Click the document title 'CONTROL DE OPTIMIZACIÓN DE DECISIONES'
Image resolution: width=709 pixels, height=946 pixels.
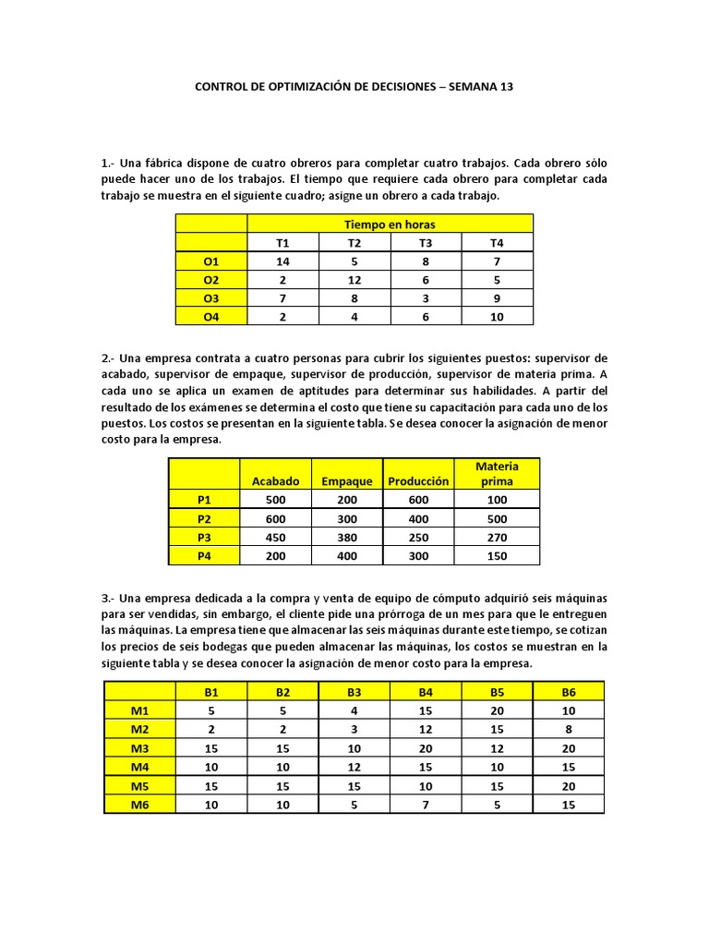click(314, 88)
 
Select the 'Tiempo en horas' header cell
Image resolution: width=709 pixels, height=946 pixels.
click(390, 224)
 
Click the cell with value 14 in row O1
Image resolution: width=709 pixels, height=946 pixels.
click(282, 261)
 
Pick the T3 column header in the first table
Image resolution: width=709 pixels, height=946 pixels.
click(426, 243)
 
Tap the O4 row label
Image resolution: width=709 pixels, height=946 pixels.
click(211, 316)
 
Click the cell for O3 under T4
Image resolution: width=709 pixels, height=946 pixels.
click(497, 297)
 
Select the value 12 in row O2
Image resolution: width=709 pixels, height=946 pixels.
click(354, 280)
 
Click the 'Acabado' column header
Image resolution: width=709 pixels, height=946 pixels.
click(275, 481)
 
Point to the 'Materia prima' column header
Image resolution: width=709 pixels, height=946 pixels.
click(497, 473)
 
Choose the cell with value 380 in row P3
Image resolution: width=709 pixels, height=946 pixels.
click(346, 537)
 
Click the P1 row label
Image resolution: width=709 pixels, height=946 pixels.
click(204, 500)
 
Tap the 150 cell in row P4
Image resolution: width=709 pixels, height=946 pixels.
click(497, 555)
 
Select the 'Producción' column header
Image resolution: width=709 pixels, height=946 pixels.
click(418, 481)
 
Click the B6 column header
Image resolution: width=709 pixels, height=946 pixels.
click(569, 692)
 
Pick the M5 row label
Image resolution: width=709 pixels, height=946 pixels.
click(139, 785)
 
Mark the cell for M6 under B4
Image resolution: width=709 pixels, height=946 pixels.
click(426, 804)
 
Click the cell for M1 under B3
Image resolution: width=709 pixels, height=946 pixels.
click(354, 710)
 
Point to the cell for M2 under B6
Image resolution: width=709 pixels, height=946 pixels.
click(569, 729)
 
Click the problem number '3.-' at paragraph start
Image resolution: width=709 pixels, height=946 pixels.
click(110, 599)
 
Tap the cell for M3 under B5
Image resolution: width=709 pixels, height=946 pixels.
click(497, 747)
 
